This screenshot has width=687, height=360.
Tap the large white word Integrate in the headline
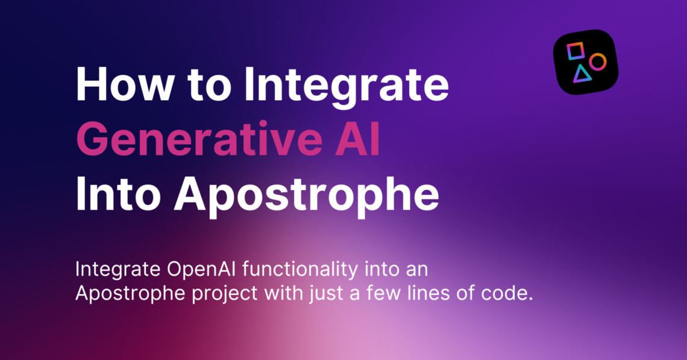click(346, 85)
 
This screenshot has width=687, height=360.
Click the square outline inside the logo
click(576, 51)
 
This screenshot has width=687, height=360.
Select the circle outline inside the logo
click(597, 61)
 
